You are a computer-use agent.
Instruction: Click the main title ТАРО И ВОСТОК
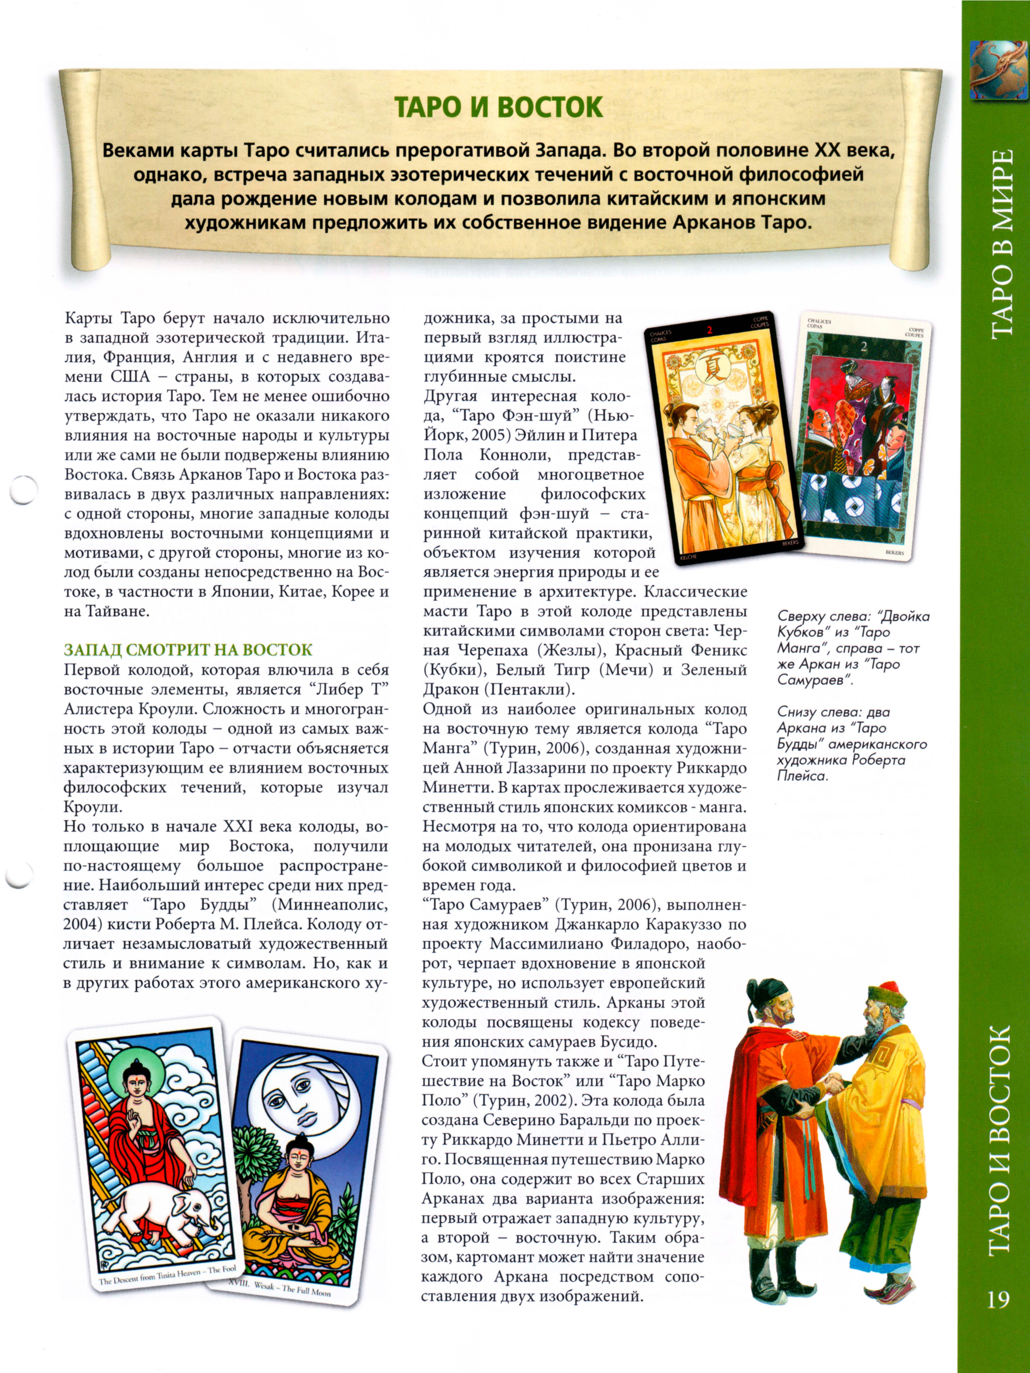point(498,107)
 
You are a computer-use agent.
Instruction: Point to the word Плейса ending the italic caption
point(803,776)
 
